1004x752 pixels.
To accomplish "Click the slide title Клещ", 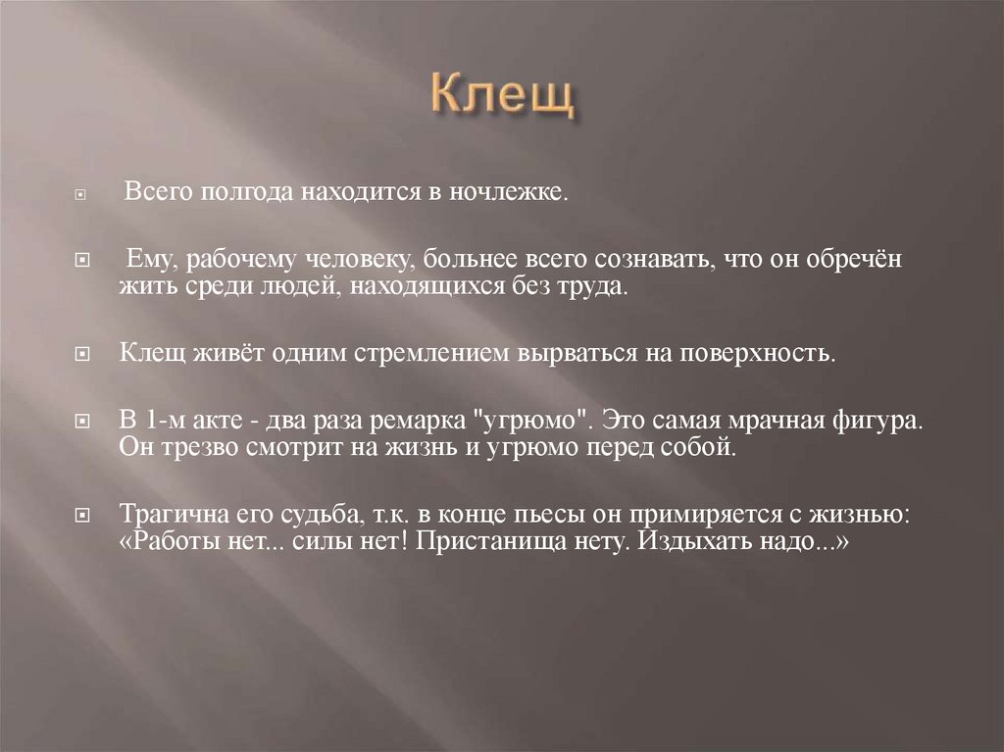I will click(502, 99).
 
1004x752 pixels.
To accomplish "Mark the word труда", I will click(592, 287).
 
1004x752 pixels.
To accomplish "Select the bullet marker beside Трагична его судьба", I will click(84, 515).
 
